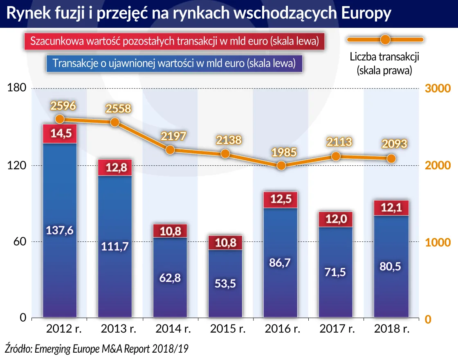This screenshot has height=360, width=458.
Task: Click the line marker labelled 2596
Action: [60, 119]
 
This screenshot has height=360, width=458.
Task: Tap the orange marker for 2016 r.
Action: [281, 166]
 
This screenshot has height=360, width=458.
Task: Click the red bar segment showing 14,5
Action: [60, 134]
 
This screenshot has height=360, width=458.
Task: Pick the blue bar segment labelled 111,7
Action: [115, 247]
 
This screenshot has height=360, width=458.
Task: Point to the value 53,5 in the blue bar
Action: [225, 283]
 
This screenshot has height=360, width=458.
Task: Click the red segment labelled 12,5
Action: [281, 200]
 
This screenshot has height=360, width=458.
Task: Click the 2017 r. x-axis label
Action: [336, 329]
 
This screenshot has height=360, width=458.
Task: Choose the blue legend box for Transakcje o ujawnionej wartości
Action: [174, 63]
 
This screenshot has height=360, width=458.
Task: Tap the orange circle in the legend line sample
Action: [385, 40]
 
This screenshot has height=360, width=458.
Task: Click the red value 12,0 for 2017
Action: [336, 220]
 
